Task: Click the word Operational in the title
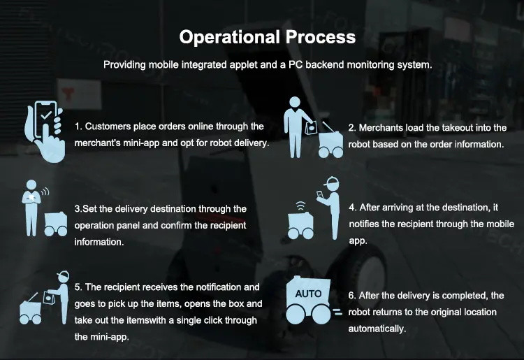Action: click(x=229, y=37)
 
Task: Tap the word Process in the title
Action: click(x=321, y=37)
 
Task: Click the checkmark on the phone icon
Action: click(x=46, y=115)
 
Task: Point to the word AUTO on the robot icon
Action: click(x=308, y=294)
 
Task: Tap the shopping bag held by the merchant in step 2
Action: click(x=311, y=127)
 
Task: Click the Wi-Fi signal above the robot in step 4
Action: click(x=300, y=206)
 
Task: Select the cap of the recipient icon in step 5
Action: click(x=63, y=275)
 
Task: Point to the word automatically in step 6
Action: click(x=377, y=329)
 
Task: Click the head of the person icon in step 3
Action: click(x=31, y=185)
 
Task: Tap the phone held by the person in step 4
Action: click(x=320, y=195)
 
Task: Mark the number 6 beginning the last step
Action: click(x=351, y=296)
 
